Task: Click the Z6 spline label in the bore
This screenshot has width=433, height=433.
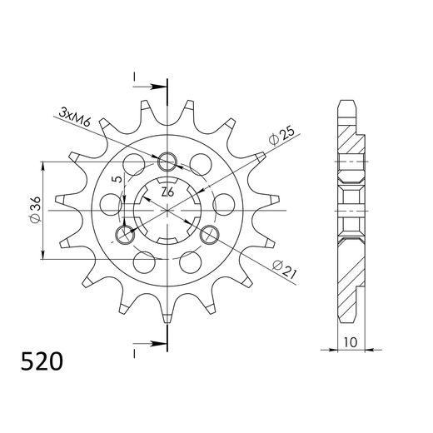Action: [x=167, y=192]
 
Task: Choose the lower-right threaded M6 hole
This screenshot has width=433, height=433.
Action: [x=209, y=233]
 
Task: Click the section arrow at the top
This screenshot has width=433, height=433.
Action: [x=154, y=85]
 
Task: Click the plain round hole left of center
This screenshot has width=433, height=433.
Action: [x=108, y=202]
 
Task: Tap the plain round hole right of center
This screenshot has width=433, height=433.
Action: [x=223, y=202]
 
